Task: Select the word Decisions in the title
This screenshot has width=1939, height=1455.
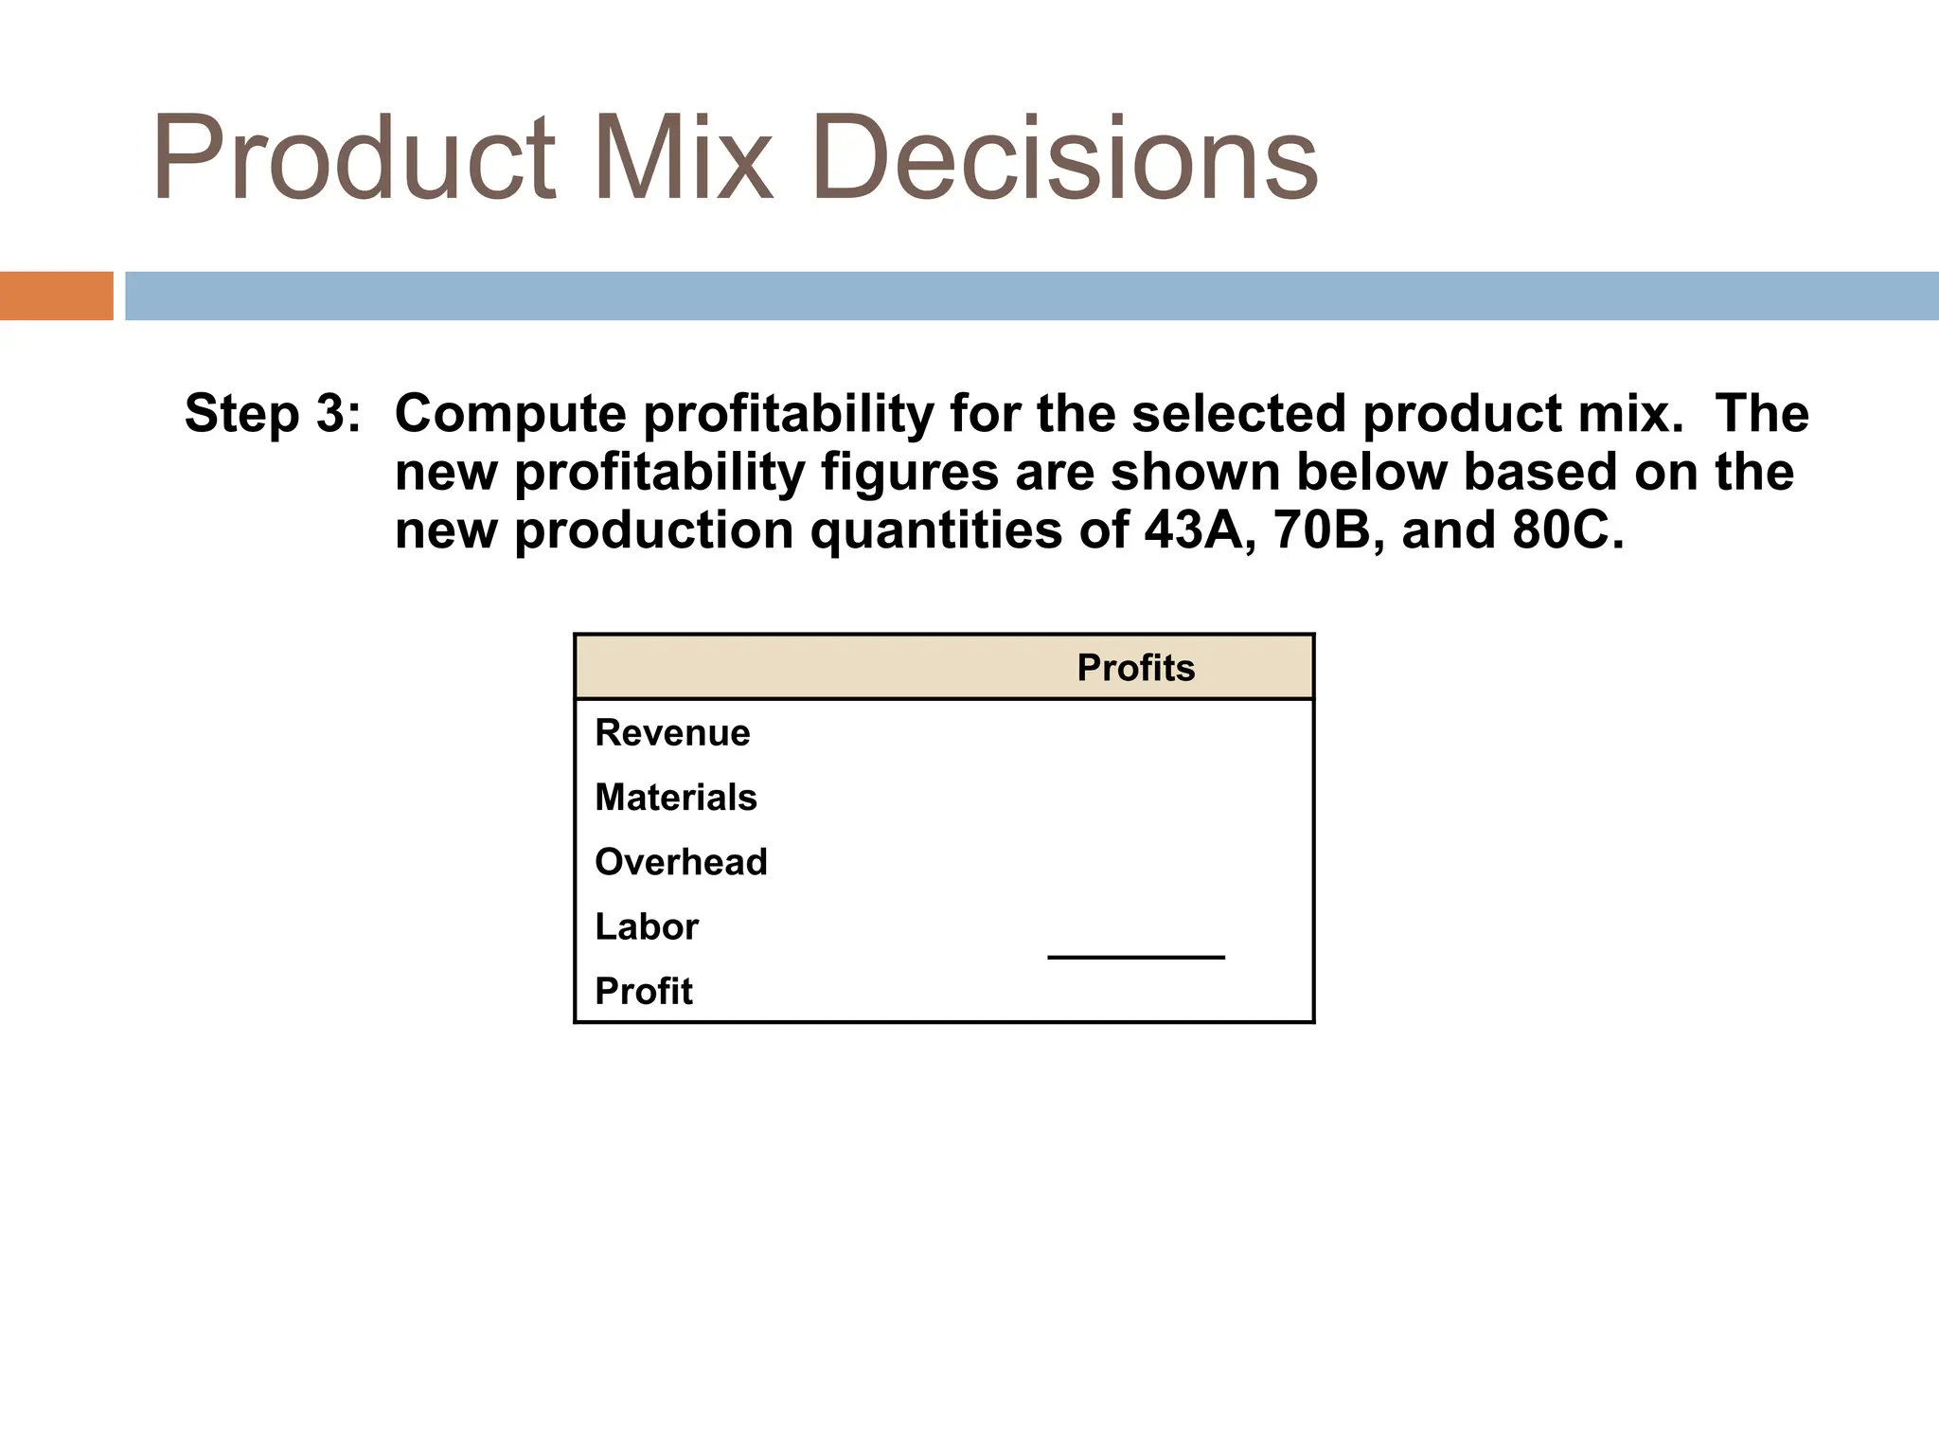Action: [x=1064, y=157]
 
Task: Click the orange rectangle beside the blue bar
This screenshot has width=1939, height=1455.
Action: [x=56, y=296]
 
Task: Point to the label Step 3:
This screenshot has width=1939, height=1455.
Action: [x=273, y=414]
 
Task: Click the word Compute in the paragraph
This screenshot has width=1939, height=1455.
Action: [x=510, y=414]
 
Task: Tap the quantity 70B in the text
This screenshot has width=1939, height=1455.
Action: [x=1322, y=530]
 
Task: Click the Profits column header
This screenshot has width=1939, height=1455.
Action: [x=1135, y=668]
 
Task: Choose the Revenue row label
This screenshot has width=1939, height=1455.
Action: [x=672, y=732]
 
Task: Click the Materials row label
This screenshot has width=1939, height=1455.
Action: [x=676, y=798]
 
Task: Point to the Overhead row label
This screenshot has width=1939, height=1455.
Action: [x=681, y=862]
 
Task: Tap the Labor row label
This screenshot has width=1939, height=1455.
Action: [x=647, y=926]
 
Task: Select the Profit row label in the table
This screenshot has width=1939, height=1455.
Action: [x=644, y=991]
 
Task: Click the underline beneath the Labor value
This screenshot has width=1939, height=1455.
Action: [x=1135, y=958]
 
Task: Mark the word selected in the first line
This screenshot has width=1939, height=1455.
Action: [x=1237, y=414]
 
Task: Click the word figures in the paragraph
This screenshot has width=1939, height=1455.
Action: [x=910, y=472]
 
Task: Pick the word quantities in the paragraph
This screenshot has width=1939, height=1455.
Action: [x=936, y=530]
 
